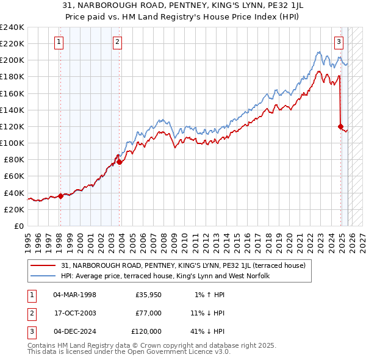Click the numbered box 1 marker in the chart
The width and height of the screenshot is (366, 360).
pyautogui.click(x=59, y=42)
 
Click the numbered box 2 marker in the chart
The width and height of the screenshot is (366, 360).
pyautogui.click(x=117, y=42)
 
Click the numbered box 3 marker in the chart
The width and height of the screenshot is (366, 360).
pyautogui.click(x=339, y=42)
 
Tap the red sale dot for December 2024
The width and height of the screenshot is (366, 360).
pyautogui.click(x=341, y=126)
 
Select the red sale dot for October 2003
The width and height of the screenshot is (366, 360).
pyautogui.click(x=120, y=162)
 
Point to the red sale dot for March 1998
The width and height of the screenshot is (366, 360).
pyautogui.click(x=60, y=196)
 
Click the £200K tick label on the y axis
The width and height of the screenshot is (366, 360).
pyautogui.click(x=12, y=60)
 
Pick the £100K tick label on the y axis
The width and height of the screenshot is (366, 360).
pyautogui.click(x=12, y=143)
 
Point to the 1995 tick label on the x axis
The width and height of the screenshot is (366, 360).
pyautogui.click(x=28, y=238)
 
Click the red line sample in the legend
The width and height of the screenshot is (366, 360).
pyautogui.click(x=43, y=265)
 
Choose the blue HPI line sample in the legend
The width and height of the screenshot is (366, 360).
pyautogui.click(x=43, y=276)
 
